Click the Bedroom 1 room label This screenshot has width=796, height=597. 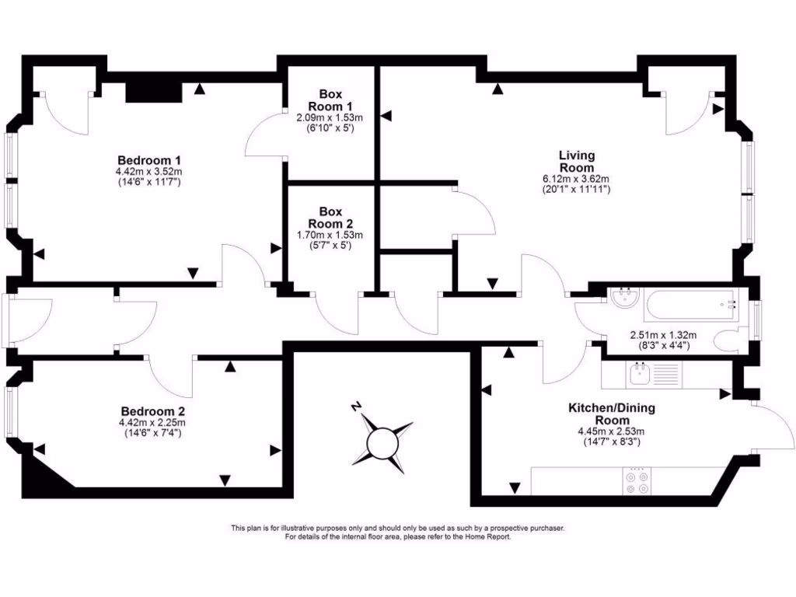point(149,160)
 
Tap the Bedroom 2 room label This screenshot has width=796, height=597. point(153,411)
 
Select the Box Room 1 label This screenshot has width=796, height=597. point(330,100)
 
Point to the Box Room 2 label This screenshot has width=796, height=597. point(330,218)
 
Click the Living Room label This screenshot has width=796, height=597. point(576,161)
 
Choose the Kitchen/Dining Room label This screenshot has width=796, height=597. point(612,414)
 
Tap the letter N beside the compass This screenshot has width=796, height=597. point(356,406)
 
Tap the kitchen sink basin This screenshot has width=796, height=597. point(637,375)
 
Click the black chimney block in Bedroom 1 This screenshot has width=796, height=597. point(153,93)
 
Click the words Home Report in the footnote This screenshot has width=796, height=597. point(487,536)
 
